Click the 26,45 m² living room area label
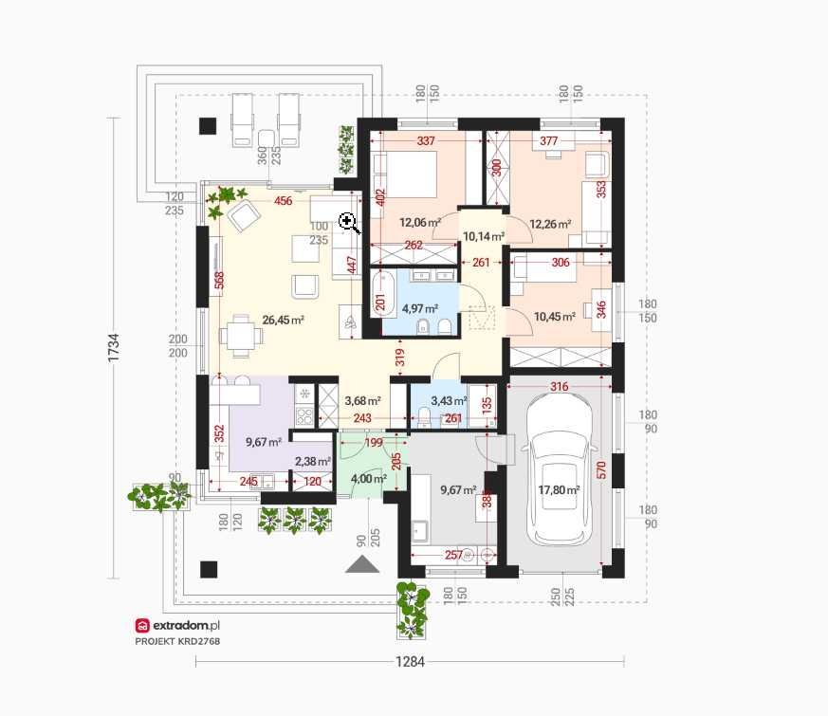click(x=283, y=320)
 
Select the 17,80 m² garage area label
click(x=559, y=490)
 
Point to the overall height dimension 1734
click(x=114, y=347)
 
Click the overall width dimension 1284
click(x=411, y=662)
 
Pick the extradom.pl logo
click(x=177, y=626)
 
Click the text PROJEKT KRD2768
click(x=177, y=641)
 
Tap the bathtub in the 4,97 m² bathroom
click(x=381, y=294)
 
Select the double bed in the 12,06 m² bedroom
click(x=405, y=174)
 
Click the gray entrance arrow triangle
click(x=362, y=564)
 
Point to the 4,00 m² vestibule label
click(x=369, y=479)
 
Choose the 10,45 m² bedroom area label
click(x=555, y=317)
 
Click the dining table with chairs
click(x=241, y=336)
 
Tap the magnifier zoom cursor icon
click(x=349, y=223)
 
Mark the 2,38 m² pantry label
click(x=313, y=462)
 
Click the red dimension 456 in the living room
click(x=283, y=201)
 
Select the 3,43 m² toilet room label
click(x=449, y=401)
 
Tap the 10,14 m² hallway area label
click(x=483, y=236)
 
